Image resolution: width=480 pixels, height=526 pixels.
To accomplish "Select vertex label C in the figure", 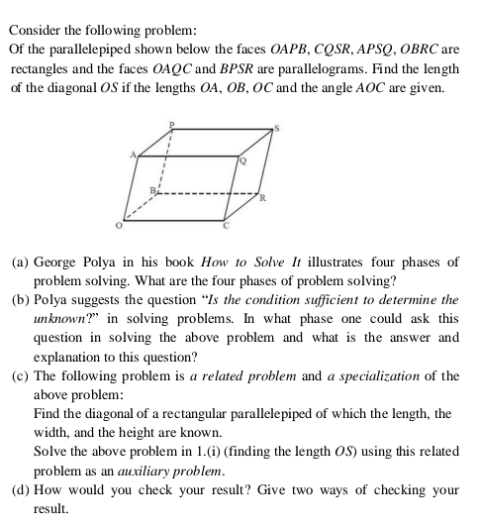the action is click(226, 226).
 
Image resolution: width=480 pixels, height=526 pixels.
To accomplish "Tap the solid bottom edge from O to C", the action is click(175, 218).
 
